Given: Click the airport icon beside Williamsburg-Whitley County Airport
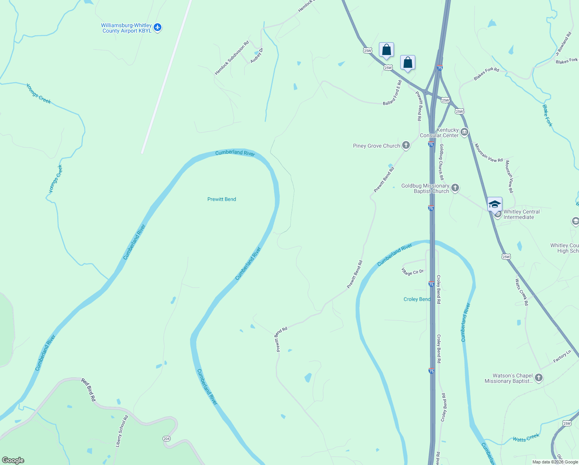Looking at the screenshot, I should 157,28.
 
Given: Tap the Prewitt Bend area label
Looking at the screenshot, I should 222,199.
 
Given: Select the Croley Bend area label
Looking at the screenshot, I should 416,299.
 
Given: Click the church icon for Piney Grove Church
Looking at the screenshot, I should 406,145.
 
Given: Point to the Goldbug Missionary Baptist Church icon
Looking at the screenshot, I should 455,188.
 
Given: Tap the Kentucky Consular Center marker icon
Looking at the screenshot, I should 464,132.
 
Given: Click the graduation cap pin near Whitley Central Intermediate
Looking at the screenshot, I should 495,204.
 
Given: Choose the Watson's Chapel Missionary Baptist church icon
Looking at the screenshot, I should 538,378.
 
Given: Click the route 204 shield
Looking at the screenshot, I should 166,439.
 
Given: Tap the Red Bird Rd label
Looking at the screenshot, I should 89,390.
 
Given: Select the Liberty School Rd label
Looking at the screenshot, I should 122,431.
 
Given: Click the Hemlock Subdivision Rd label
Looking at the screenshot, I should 232,58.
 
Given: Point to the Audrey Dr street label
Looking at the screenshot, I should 257,55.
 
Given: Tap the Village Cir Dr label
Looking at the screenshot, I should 413,272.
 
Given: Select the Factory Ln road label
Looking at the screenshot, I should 562,356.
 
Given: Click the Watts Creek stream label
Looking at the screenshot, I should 526,438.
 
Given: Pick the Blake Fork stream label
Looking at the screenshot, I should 547,115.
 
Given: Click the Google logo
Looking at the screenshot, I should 13,460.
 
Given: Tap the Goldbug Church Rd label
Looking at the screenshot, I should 441,162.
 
